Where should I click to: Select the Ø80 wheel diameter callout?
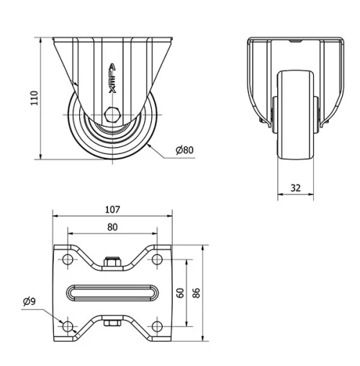(184, 150)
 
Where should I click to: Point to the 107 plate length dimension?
(112, 210)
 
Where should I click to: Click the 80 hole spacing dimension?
(112, 226)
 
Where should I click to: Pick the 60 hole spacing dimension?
(180, 292)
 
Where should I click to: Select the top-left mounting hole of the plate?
(68, 259)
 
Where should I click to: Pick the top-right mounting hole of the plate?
(156, 259)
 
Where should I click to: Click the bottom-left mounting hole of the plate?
(68, 326)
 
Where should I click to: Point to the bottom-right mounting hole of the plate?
(156, 326)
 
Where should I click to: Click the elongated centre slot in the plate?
(112, 293)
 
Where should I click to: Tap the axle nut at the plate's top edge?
(112, 263)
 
